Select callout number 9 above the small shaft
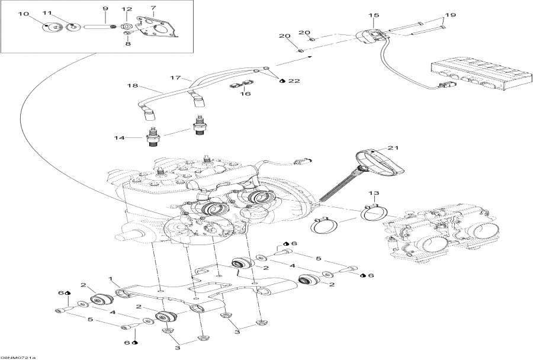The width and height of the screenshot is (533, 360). pos(105,8)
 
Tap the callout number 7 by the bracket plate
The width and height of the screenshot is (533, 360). pos(153,8)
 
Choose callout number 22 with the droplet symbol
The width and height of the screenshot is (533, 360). pos(294,81)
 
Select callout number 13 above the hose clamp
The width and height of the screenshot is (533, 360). pos(373,194)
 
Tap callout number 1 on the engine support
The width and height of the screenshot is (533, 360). pos(110,278)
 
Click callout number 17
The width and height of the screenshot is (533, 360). pos(175,78)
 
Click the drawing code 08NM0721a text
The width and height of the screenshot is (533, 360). pos(18,357)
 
